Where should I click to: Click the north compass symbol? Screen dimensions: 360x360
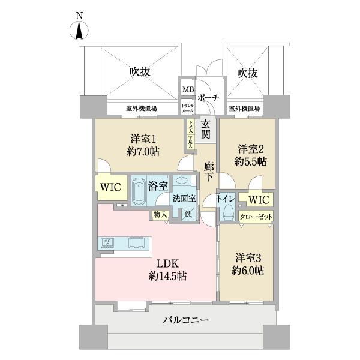[80, 30]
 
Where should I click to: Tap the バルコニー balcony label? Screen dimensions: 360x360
[186, 320]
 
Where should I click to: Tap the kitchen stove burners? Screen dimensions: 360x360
[108, 243]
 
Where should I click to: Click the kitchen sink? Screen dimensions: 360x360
[136, 243]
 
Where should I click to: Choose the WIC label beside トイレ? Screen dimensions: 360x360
[259, 199]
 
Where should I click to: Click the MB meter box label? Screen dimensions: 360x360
[187, 90]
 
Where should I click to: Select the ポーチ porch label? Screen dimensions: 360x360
[207, 98]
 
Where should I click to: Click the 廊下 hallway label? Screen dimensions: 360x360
[208, 171]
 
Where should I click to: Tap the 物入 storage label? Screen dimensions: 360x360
[160, 214]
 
